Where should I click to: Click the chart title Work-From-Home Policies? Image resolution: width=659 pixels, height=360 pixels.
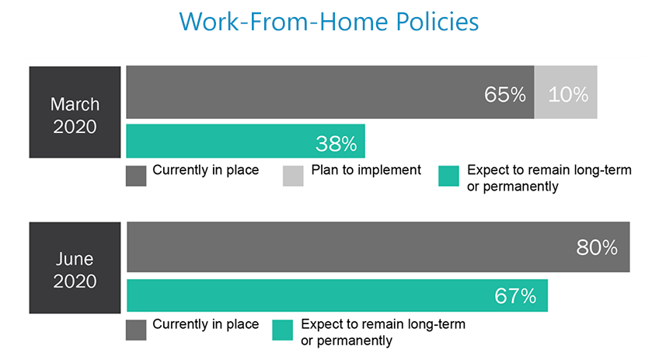(329, 22)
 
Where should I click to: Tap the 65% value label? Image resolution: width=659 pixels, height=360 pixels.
(505, 95)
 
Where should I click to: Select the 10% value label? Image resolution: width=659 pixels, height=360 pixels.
(568, 95)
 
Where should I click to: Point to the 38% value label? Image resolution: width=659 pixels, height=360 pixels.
(336, 144)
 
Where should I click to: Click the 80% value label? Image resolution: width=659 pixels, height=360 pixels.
(597, 248)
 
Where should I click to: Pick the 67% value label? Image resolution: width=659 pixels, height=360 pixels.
(515, 296)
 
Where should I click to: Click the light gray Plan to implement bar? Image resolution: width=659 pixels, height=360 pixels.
(566, 92)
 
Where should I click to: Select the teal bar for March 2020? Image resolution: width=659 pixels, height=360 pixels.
(246, 141)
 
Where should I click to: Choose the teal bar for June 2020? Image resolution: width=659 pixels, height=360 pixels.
(337, 295)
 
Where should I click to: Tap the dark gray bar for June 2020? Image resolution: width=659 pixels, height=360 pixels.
(378, 247)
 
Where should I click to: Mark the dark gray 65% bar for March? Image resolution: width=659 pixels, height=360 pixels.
(330, 92)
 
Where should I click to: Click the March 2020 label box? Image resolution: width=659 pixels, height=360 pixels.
(75, 112)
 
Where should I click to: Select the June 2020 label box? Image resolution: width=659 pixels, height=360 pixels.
(75, 268)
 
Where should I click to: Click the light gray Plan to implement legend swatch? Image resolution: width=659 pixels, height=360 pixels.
(293, 176)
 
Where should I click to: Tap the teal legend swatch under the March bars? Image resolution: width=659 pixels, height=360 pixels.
(448, 176)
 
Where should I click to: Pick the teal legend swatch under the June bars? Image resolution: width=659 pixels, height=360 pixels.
(282, 330)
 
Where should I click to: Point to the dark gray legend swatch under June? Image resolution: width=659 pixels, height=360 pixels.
(136, 330)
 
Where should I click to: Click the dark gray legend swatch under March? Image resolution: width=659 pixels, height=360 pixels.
(136, 176)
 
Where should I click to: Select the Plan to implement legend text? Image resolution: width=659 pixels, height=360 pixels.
(366, 170)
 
